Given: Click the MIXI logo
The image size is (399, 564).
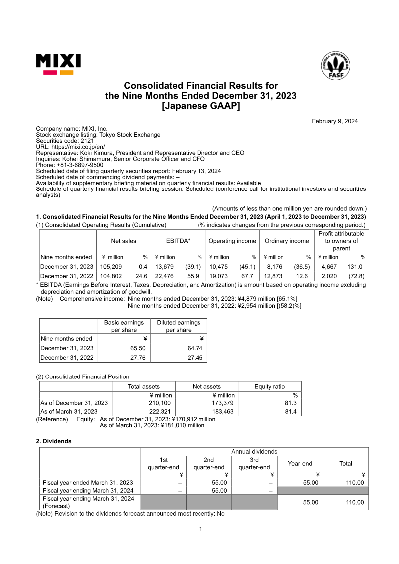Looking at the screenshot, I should pyautogui.click(x=58, y=64).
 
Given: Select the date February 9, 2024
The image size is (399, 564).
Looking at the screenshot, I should pyautogui.click(x=335, y=121).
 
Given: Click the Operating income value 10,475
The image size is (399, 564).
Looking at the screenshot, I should pyautogui.click(x=218, y=267).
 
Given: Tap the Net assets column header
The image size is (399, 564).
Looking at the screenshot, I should pyautogui.click(x=206, y=386).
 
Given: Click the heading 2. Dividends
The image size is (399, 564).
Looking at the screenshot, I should pyautogui.click(x=54, y=441).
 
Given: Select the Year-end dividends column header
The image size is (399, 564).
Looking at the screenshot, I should pyautogui.click(x=300, y=463).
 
